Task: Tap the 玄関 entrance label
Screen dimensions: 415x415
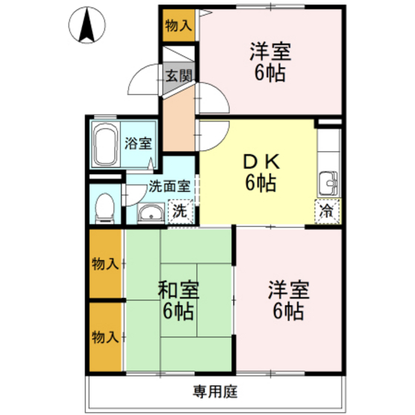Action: coord(179,76)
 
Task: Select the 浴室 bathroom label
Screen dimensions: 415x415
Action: coord(138,144)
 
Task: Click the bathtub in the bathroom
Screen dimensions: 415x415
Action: coord(104,146)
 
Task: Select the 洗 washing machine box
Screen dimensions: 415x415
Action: coord(180,211)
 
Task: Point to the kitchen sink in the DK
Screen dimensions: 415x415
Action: coord(327,181)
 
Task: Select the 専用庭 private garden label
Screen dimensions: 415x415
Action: coord(216,391)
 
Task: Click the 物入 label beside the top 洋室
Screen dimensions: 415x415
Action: coord(178,25)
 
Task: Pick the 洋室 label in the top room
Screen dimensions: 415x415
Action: coord(270,52)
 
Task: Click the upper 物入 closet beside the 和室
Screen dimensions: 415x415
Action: coord(104,263)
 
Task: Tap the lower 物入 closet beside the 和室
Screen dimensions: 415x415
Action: coord(104,336)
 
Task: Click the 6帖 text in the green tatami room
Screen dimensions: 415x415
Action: coord(179,311)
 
